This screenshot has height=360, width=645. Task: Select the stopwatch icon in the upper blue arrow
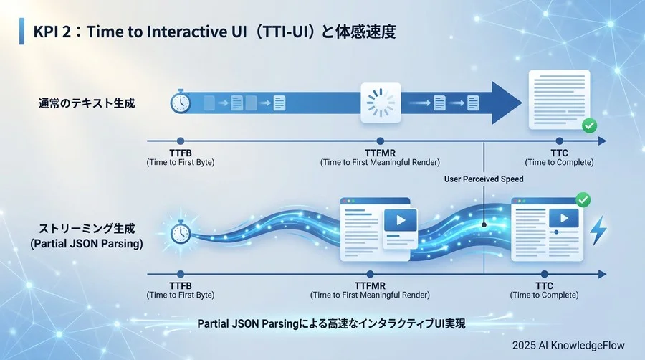tap(180, 103)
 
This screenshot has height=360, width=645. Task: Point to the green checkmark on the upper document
tap(589, 125)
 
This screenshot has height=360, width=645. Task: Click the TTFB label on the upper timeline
tap(180, 153)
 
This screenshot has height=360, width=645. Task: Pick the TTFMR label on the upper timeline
tap(380, 153)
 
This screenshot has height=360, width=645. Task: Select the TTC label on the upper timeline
tap(559, 153)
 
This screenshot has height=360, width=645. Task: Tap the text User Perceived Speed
tap(484, 179)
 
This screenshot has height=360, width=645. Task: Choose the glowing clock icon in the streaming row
tap(180, 233)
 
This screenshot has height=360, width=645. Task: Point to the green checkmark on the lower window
tap(583, 199)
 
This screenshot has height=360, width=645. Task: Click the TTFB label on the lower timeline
tap(180, 286)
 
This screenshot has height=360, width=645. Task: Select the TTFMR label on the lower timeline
tap(370, 286)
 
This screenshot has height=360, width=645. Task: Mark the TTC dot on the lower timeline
tap(545, 274)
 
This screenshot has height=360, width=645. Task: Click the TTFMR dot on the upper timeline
tap(380, 141)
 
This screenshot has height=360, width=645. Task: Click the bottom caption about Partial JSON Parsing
tap(331, 324)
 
